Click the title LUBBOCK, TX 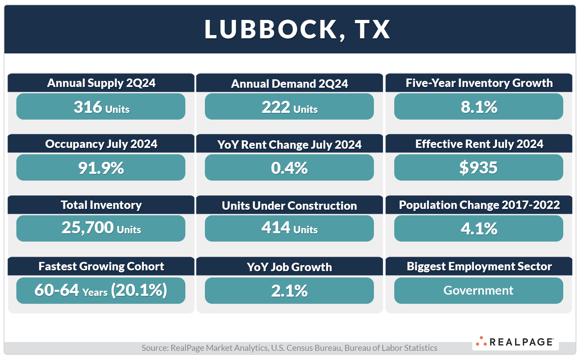pyautogui.click(x=297, y=30)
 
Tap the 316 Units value pyautogui.click(x=101, y=107)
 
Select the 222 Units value pyautogui.click(x=289, y=107)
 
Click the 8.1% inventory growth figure pyautogui.click(x=479, y=107)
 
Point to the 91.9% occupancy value pyautogui.click(x=101, y=168)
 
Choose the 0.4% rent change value pyautogui.click(x=289, y=168)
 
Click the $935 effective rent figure pyautogui.click(x=478, y=168)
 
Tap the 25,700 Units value pyautogui.click(x=101, y=228)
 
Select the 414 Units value pyautogui.click(x=289, y=228)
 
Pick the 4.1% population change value pyautogui.click(x=479, y=229)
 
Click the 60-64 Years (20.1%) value pyautogui.click(x=101, y=290)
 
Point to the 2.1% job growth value pyautogui.click(x=289, y=291)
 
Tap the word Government pyautogui.click(x=478, y=291)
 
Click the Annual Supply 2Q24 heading pyautogui.click(x=101, y=83)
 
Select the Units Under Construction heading pyautogui.click(x=289, y=206)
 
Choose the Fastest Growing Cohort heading pyautogui.click(x=101, y=266)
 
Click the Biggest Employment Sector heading pyautogui.click(x=479, y=266)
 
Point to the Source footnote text pyautogui.click(x=289, y=348)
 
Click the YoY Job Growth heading pyautogui.click(x=289, y=267)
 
